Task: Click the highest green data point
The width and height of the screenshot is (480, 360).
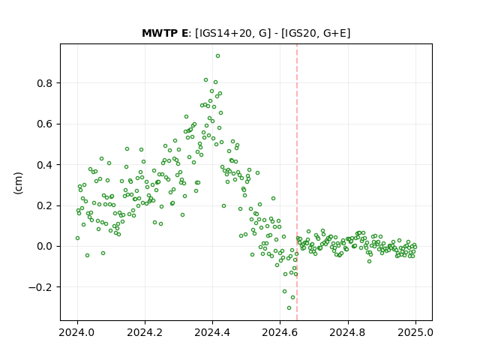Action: tap(217, 55)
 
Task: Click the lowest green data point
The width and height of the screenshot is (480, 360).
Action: tap(289, 307)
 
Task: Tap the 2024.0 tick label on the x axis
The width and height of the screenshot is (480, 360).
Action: tap(77, 332)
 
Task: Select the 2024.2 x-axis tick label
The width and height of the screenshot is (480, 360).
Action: tap(145, 332)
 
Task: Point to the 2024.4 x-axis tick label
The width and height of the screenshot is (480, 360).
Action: tap(212, 332)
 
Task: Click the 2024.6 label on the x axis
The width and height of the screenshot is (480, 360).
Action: tap(280, 332)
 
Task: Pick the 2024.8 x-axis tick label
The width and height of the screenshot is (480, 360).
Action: tap(348, 332)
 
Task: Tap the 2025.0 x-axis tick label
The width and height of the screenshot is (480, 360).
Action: tap(415, 332)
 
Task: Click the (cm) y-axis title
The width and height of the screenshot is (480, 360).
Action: tap(18, 183)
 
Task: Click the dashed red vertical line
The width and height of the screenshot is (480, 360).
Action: tap(297, 182)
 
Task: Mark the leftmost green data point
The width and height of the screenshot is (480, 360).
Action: tap(77, 238)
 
